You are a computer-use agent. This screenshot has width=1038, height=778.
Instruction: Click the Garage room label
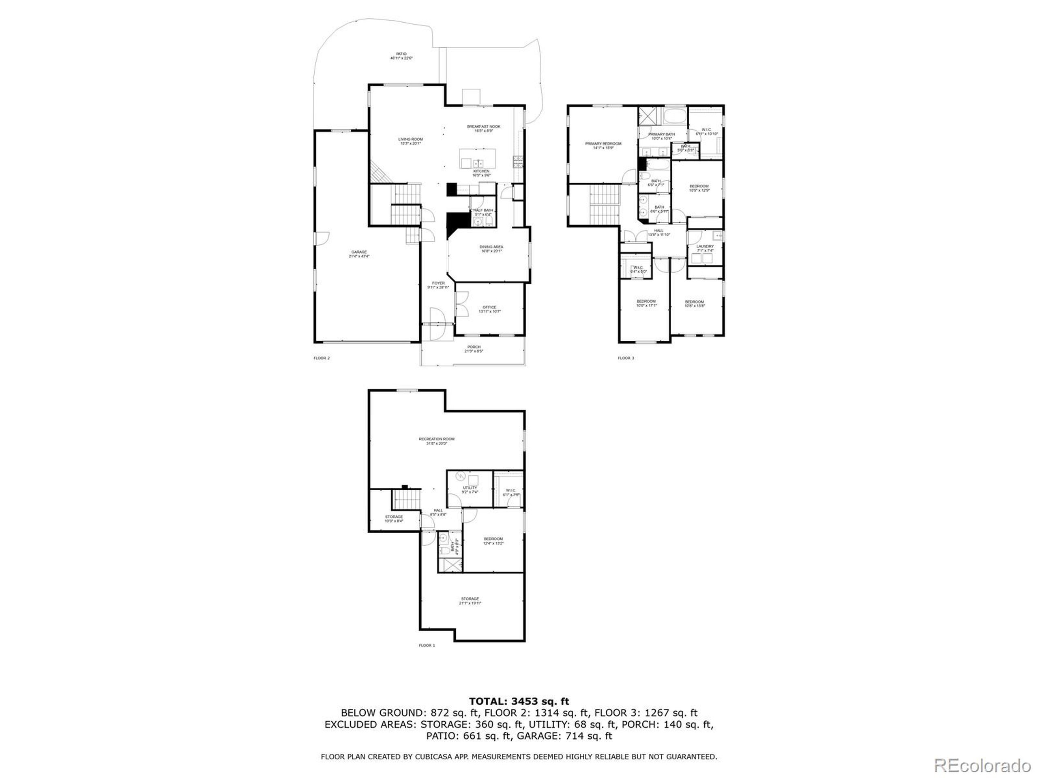point(359,254)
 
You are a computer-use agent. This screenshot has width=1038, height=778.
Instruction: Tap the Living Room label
point(411,141)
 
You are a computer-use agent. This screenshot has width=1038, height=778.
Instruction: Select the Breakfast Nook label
point(483,128)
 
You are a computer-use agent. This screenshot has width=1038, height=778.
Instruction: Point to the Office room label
point(489,309)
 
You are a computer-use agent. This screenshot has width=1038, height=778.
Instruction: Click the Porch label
point(474,349)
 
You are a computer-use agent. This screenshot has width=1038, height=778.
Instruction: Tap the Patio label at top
point(401,56)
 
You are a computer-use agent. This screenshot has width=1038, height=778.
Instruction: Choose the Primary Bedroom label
point(603,145)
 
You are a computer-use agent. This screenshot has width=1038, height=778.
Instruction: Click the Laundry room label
point(705,248)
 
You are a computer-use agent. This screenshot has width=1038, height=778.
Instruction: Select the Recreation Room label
point(436,441)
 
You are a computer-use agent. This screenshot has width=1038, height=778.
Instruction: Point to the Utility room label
point(470,489)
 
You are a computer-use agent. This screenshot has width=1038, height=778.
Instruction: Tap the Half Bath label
point(483,212)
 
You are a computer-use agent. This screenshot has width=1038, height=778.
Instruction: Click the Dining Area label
point(491,248)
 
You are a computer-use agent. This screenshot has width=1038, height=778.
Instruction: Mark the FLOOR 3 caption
point(626,358)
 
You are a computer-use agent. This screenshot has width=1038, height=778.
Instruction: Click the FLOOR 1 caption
point(427,645)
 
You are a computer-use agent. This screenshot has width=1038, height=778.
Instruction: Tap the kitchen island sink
point(478,163)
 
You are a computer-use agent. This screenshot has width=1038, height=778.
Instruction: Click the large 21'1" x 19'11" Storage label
point(470,601)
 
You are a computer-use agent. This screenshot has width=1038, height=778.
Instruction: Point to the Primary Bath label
point(662,136)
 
